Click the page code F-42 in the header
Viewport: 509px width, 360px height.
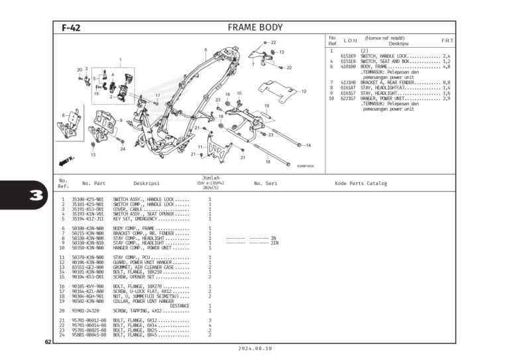71,28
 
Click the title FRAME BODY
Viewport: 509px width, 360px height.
254,28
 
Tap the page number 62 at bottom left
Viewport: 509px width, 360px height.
48,341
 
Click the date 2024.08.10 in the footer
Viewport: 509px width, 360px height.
254,348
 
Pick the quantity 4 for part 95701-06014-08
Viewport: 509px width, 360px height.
210,326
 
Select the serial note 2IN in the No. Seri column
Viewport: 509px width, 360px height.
274,243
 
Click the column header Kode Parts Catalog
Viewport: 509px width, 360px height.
361,184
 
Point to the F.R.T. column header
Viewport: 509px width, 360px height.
447,41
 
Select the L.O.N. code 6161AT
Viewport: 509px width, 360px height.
348,88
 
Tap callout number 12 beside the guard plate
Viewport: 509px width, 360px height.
304,91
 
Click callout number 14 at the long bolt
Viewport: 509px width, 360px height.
308,145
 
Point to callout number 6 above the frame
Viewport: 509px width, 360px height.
205,50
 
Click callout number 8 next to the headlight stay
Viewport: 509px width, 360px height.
64,115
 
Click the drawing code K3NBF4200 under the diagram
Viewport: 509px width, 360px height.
306,166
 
